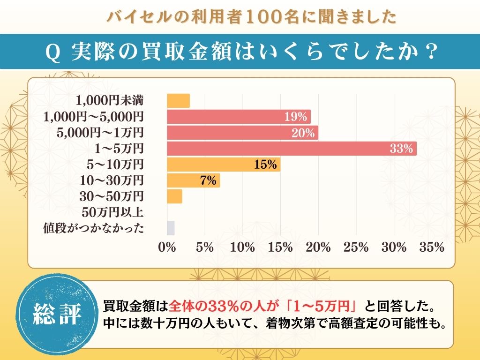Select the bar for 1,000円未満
point(179,101)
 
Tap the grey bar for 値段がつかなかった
point(171,228)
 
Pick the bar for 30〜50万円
point(174,196)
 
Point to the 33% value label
point(401,149)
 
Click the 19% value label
point(296,117)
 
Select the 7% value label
point(208,180)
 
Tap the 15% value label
point(266,165)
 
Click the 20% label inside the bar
point(303,133)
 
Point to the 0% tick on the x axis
point(167,247)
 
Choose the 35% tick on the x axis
point(432,247)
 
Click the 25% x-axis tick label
point(356,247)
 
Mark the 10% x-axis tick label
point(243,247)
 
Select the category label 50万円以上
point(112,212)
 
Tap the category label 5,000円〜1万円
point(100,133)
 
